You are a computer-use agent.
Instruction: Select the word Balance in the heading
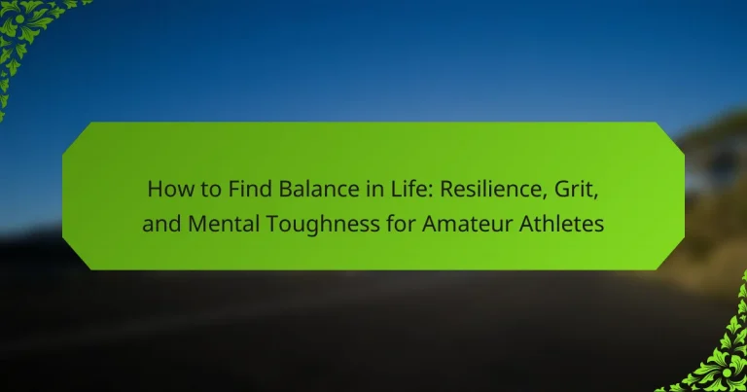tap(319, 189)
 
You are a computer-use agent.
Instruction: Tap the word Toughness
tap(322, 225)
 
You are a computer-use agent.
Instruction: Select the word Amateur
tap(467, 224)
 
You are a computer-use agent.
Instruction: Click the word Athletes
tap(561, 224)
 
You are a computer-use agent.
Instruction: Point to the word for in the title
tap(401, 224)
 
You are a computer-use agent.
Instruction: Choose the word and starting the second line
tap(162, 224)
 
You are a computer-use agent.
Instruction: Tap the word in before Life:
tap(373, 189)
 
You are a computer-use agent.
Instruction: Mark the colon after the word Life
tap(430, 192)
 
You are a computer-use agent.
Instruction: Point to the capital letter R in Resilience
tap(446, 189)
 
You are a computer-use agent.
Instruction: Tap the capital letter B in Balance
tap(285, 189)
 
